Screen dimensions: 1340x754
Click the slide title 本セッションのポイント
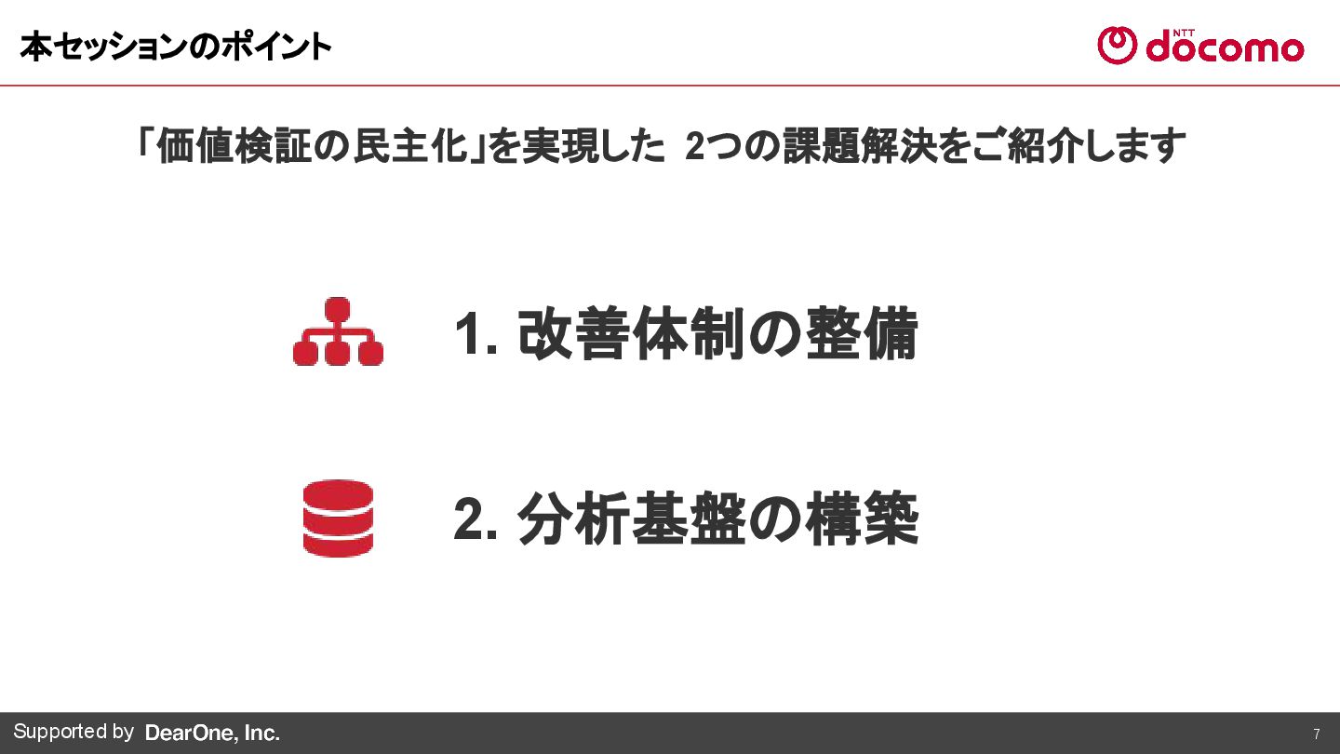tap(175, 47)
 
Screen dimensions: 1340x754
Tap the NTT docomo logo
tap(1199, 46)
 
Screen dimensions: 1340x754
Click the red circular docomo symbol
tap(1117, 46)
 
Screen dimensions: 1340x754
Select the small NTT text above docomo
tap(1183, 31)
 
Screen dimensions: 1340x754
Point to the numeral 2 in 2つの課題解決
tap(694, 147)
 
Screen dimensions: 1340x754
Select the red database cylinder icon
tap(338, 518)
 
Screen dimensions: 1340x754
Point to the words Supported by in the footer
tap(74, 732)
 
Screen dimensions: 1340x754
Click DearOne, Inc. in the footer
tap(212, 734)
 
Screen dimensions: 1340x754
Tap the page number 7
tap(1316, 734)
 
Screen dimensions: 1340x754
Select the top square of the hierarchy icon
tap(338, 309)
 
